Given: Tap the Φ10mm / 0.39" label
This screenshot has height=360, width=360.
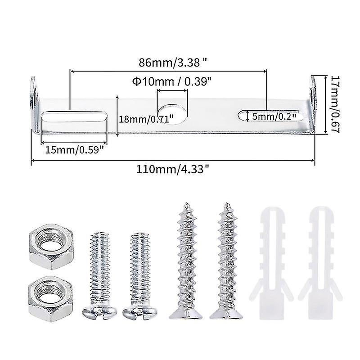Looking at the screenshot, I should pyautogui.click(x=172, y=81).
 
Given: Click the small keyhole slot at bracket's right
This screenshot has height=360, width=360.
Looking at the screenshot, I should pyautogui.click(x=243, y=116).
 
